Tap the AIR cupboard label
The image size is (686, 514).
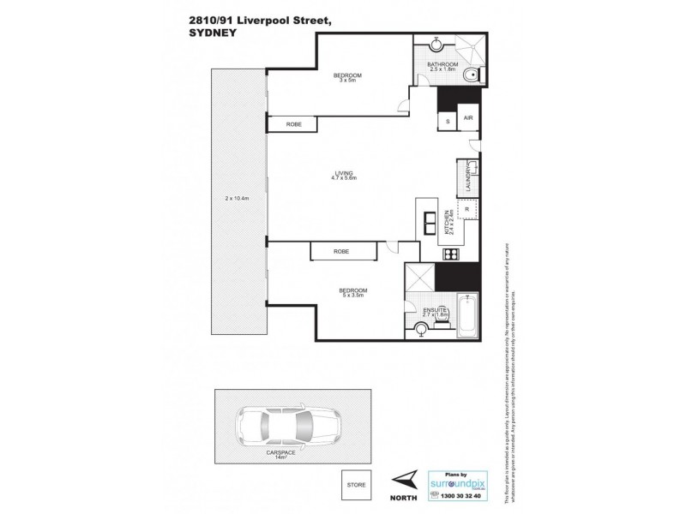point(468,119)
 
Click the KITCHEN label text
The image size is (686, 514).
point(448,224)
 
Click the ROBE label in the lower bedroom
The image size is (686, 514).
point(342,250)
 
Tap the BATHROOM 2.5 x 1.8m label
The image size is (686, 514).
point(443,67)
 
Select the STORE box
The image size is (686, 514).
point(355,484)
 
